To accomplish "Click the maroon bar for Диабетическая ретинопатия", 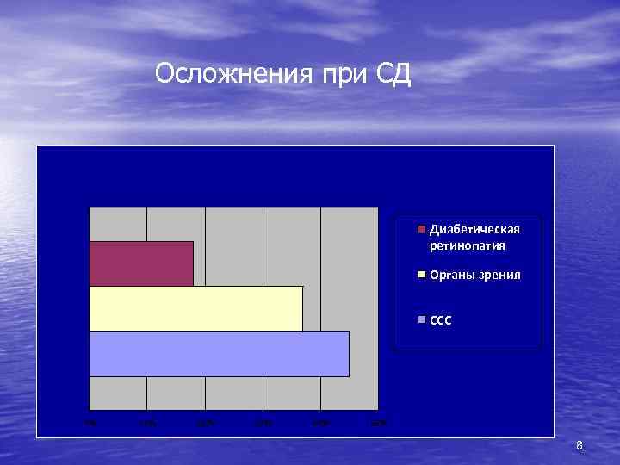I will [141, 263].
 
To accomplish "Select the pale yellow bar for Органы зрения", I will [195, 308].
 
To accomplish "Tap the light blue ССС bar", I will [219, 353].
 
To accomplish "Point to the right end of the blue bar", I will [348, 353].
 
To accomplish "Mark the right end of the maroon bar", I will [192, 263].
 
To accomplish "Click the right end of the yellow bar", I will [301, 308].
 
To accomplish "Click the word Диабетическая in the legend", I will [474, 230].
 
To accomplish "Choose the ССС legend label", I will [440, 320].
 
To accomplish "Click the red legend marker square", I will [422, 230].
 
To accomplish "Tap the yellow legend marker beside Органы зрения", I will [422, 275].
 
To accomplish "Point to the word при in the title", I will [344, 75].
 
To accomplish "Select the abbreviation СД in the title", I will [394, 75].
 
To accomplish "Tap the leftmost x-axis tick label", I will [89, 422].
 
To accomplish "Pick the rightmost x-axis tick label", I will [378, 422].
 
